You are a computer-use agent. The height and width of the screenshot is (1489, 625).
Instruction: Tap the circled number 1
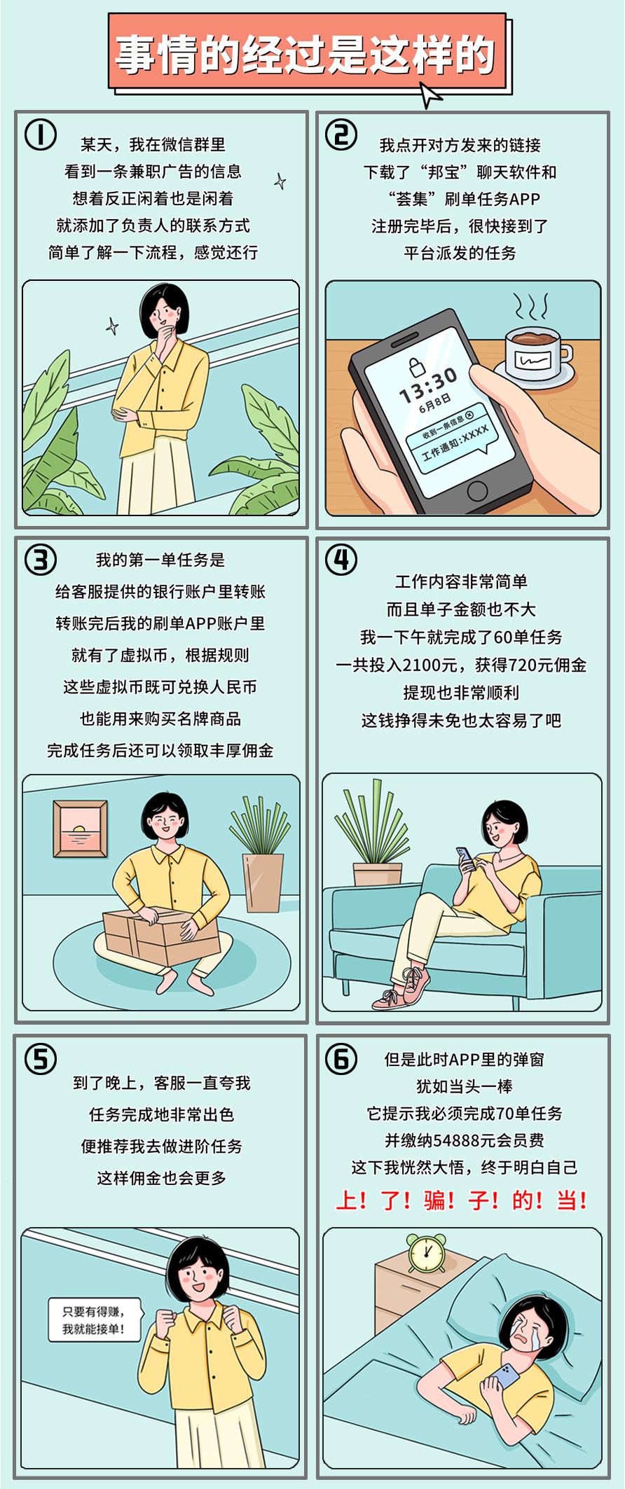[x=41, y=134]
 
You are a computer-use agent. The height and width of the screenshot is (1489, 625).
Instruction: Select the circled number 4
[x=341, y=560]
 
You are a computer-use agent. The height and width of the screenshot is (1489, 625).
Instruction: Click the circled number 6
[x=341, y=1059]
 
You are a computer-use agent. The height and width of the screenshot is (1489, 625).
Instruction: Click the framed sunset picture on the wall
[x=81, y=828]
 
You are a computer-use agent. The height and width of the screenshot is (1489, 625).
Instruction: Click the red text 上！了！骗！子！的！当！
[x=461, y=1200]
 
